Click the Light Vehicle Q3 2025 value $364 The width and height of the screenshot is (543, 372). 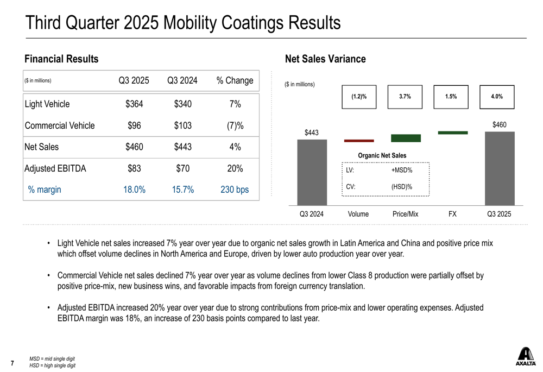click(134, 104)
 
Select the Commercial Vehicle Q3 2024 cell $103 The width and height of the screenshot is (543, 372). click(182, 125)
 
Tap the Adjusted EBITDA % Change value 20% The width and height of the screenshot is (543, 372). click(235, 168)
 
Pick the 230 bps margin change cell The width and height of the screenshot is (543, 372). click(235, 190)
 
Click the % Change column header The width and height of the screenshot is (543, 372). click(235, 81)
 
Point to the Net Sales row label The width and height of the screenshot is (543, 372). click(42, 147)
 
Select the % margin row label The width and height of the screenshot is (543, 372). click(45, 190)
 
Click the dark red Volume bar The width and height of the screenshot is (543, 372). click(359, 141)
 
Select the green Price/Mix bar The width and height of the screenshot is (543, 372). click(406, 138)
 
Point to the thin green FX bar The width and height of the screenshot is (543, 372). click(452, 133)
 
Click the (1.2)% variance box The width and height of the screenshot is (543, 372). click(359, 97)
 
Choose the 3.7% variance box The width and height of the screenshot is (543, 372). click(405, 97)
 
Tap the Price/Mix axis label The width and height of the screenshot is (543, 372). click(405, 214)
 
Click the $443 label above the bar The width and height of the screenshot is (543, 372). click(311, 133)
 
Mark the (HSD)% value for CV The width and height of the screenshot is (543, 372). click(401, 187)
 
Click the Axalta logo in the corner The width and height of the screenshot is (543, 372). click(525, 356)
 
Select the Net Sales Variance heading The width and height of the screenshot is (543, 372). click(325, 59)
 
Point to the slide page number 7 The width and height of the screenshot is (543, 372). click(12, 362)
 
